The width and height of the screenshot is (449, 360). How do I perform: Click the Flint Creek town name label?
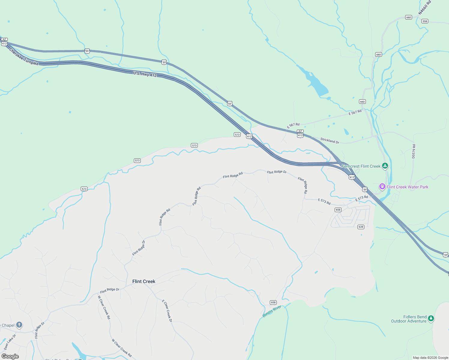[144, 281]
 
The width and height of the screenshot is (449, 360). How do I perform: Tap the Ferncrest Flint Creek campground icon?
[385, 166]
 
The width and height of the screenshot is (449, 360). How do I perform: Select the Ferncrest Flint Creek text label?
[361, 166]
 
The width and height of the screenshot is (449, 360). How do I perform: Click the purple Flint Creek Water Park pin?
[382, 187]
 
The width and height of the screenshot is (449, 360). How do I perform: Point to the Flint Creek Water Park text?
[407, 187]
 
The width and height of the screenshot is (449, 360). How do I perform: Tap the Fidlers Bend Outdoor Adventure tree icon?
[431, 318]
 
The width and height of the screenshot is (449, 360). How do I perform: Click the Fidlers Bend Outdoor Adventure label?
[409, 319]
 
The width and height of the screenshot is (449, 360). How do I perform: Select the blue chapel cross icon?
[19, 325]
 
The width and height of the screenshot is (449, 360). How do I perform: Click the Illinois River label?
[272, 311]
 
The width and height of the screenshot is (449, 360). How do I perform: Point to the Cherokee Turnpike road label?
[24, 57]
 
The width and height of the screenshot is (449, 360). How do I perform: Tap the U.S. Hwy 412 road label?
[145, 74]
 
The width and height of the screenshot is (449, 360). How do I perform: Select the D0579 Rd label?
[414, 151]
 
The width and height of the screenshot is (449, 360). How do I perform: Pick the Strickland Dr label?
[330, 140]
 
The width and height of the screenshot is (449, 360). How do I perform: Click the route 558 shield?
[424, 21]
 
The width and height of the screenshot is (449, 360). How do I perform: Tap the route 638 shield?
[361, 227]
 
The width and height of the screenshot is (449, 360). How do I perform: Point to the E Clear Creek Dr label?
[167, 311]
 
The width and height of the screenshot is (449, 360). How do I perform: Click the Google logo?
[10, 356]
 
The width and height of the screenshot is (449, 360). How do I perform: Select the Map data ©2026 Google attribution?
[430, 358]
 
